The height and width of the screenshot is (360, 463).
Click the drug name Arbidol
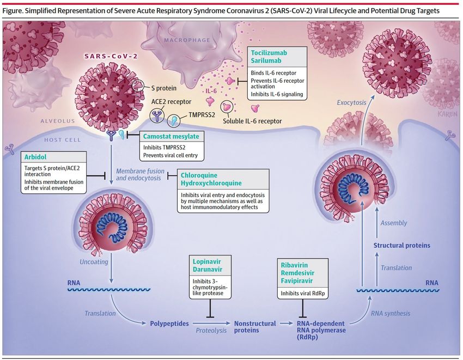click(35, 157)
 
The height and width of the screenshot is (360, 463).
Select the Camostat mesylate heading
click(171, 137)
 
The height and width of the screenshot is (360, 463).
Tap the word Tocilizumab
click(269, 53)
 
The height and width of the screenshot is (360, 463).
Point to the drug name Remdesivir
click(297, 273)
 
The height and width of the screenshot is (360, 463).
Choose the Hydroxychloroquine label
click(211, 183)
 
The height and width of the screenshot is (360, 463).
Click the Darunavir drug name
click(208, 270)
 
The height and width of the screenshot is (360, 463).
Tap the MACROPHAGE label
click(187, 40)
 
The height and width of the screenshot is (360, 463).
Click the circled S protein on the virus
click(138, 85)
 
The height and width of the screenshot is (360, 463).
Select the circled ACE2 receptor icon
click(157, 115)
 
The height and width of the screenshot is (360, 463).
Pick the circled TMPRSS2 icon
click(174, 120)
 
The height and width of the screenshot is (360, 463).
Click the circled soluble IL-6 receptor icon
click(227, 107)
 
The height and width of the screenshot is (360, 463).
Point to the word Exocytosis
click(351, 102)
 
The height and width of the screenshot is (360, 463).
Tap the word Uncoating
click(94, 261)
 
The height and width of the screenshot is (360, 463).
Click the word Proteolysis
click(211, 331)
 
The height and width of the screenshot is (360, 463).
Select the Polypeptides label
click(169, 324)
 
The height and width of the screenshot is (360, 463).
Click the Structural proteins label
click(401, 246)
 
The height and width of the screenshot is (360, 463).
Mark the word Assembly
click(394, 223)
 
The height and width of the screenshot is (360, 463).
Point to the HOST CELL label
click(63, 139)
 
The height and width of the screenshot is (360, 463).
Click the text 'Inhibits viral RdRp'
click(303, 293)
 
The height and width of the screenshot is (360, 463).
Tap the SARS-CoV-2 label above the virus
click(111, 56)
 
